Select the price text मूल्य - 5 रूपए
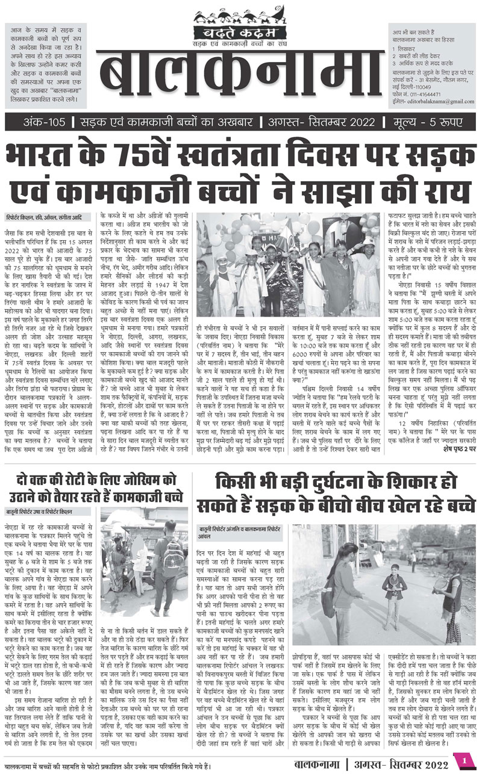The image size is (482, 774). tap(431, 123)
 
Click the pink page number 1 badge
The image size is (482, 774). tap(465, 761)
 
